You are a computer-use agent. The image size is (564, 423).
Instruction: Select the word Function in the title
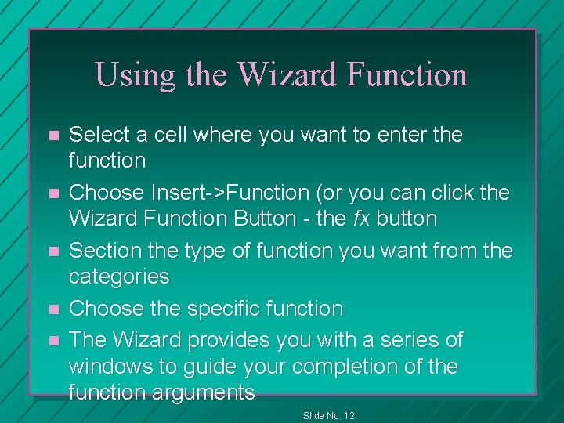pyautogui.click(x=407, y=75)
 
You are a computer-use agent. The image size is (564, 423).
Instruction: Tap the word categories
pyautogui.click(x=119, y=277)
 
